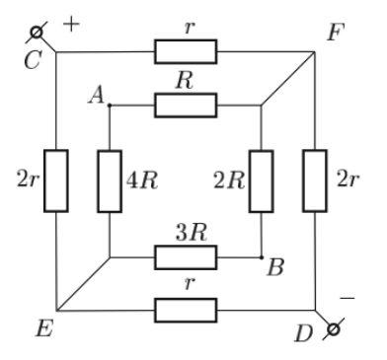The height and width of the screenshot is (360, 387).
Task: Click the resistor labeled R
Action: click(186, 106)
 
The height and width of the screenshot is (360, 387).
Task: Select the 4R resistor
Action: click(110, 181)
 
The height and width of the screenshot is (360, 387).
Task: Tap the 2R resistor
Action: click(262, 181)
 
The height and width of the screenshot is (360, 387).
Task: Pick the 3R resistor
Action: click(186, 257)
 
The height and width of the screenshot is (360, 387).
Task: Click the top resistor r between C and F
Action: click(186, 51)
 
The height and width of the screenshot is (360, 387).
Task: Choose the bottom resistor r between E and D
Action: click(186, 311)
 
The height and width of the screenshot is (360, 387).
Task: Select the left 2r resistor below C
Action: click(56, 180)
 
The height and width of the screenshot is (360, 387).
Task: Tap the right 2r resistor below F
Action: click(315, 180)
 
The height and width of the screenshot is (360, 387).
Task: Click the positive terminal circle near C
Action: click(37, 33)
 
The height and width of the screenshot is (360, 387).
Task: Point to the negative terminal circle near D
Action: click(334, 329)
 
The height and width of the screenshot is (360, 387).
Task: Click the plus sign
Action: click(71, 25)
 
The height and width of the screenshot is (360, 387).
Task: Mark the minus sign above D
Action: click(348, 298)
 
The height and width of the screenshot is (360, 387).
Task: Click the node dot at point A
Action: click(110, 106)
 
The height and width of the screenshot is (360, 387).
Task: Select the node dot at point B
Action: click(262, 257)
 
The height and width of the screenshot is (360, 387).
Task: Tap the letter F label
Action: click(336, 32)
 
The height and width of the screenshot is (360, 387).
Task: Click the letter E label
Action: click(44, 328)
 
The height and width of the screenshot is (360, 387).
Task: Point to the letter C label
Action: click(33, 59)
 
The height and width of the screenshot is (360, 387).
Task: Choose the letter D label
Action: click(303, 333)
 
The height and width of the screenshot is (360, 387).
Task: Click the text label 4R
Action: click(142, 180)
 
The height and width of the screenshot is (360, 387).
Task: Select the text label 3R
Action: click(192, 233)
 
